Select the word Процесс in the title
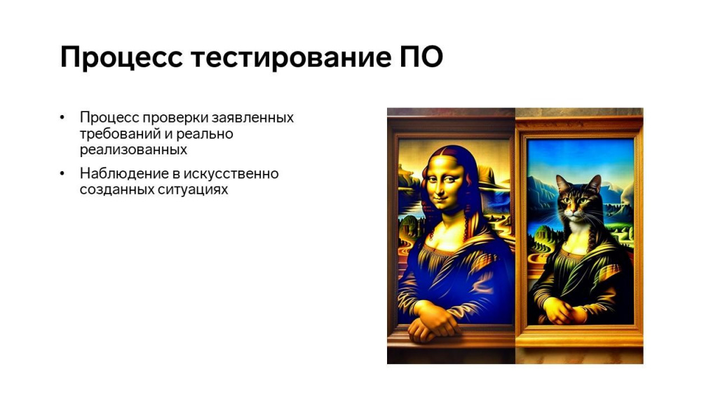[x=121, y=58]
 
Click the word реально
[x=205, y=134]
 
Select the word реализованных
[x=133, y=150]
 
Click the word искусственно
[x=231, y=174]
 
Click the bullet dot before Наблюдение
[x=62, y=174]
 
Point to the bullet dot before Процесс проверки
[x=62, y=118]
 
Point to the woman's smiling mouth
[x=443, y=197]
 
